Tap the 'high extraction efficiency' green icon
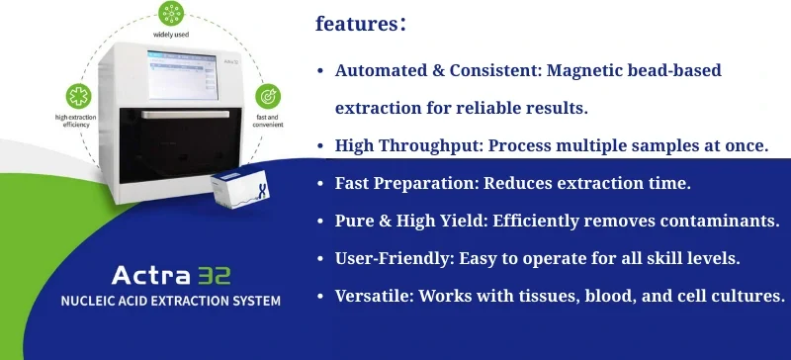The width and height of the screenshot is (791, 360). click(x=75, y=97)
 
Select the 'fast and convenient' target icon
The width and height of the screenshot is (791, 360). click(x=268, y=97)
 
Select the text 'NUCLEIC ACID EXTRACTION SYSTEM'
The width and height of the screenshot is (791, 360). click(x=170, y=300)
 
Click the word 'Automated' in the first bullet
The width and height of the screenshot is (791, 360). click(x=382, y=71)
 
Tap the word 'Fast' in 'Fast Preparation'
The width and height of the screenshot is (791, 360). click(x=353, y=183)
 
